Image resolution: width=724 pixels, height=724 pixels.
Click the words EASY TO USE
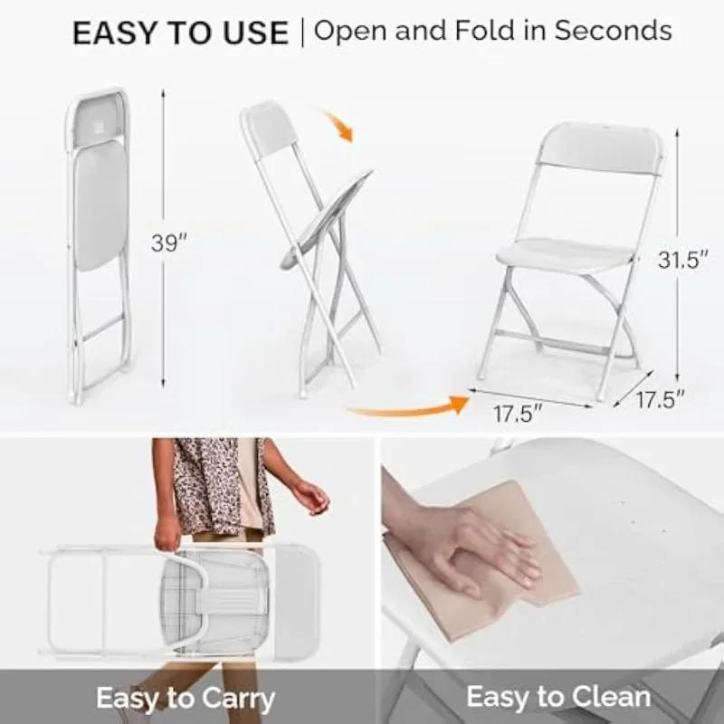180,33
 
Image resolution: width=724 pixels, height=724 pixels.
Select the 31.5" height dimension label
681,261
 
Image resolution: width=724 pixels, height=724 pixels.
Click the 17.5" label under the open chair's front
518,414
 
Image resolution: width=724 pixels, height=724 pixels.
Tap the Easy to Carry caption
185,698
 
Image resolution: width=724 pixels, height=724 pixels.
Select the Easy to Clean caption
558,697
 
